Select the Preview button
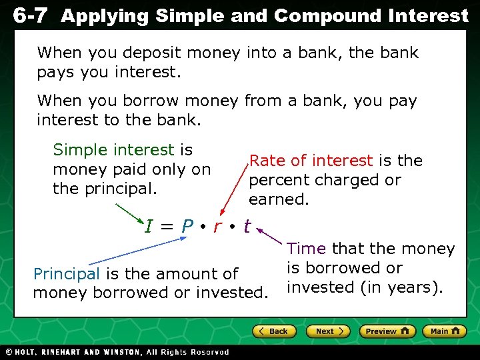pyautogui.click(x=387, y=331)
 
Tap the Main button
pyautogui.click(x=445, y=331)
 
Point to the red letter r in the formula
pyautogui.click(x=217, y=227)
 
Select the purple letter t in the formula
pyautogui.click(x=247, y=227)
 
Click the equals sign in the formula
pyautogui.click(x=167, y=228)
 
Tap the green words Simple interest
pyautogui.click(x=113, y=150)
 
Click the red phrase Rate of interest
pyautogui.click(x=311, y=161)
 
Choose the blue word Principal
pyautogui.click(x=66, y=273)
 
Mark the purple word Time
pyautogui.click(x=306, y=249)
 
